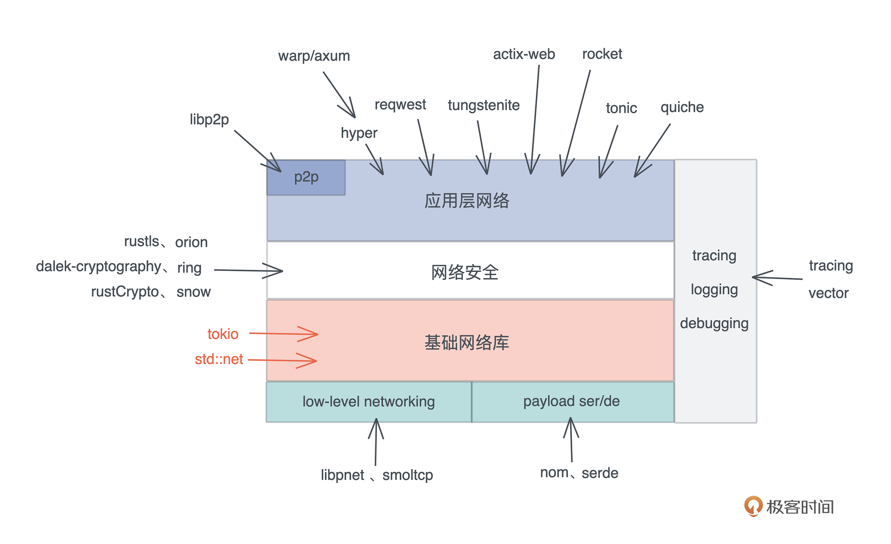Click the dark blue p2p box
pos(306,177)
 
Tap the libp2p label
pos(209,119)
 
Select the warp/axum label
pos(314,56)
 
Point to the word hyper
pos(359,133)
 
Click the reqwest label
pos(400,105)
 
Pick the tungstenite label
pos(483,105)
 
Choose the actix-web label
pos(524,54)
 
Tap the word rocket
pos(602,54)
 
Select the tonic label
pos(621,108)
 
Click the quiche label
pos(682,107)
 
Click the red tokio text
pos(223,334)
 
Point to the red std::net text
pos(219,359)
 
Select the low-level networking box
pos(369,401)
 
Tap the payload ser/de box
pos(571,401)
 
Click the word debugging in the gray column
pos(714,323)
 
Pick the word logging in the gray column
pos(714,290)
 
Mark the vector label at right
pos(828,293)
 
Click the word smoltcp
pos(407,475)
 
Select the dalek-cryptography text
pos(98,267)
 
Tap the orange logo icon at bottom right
pos(753,506)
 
